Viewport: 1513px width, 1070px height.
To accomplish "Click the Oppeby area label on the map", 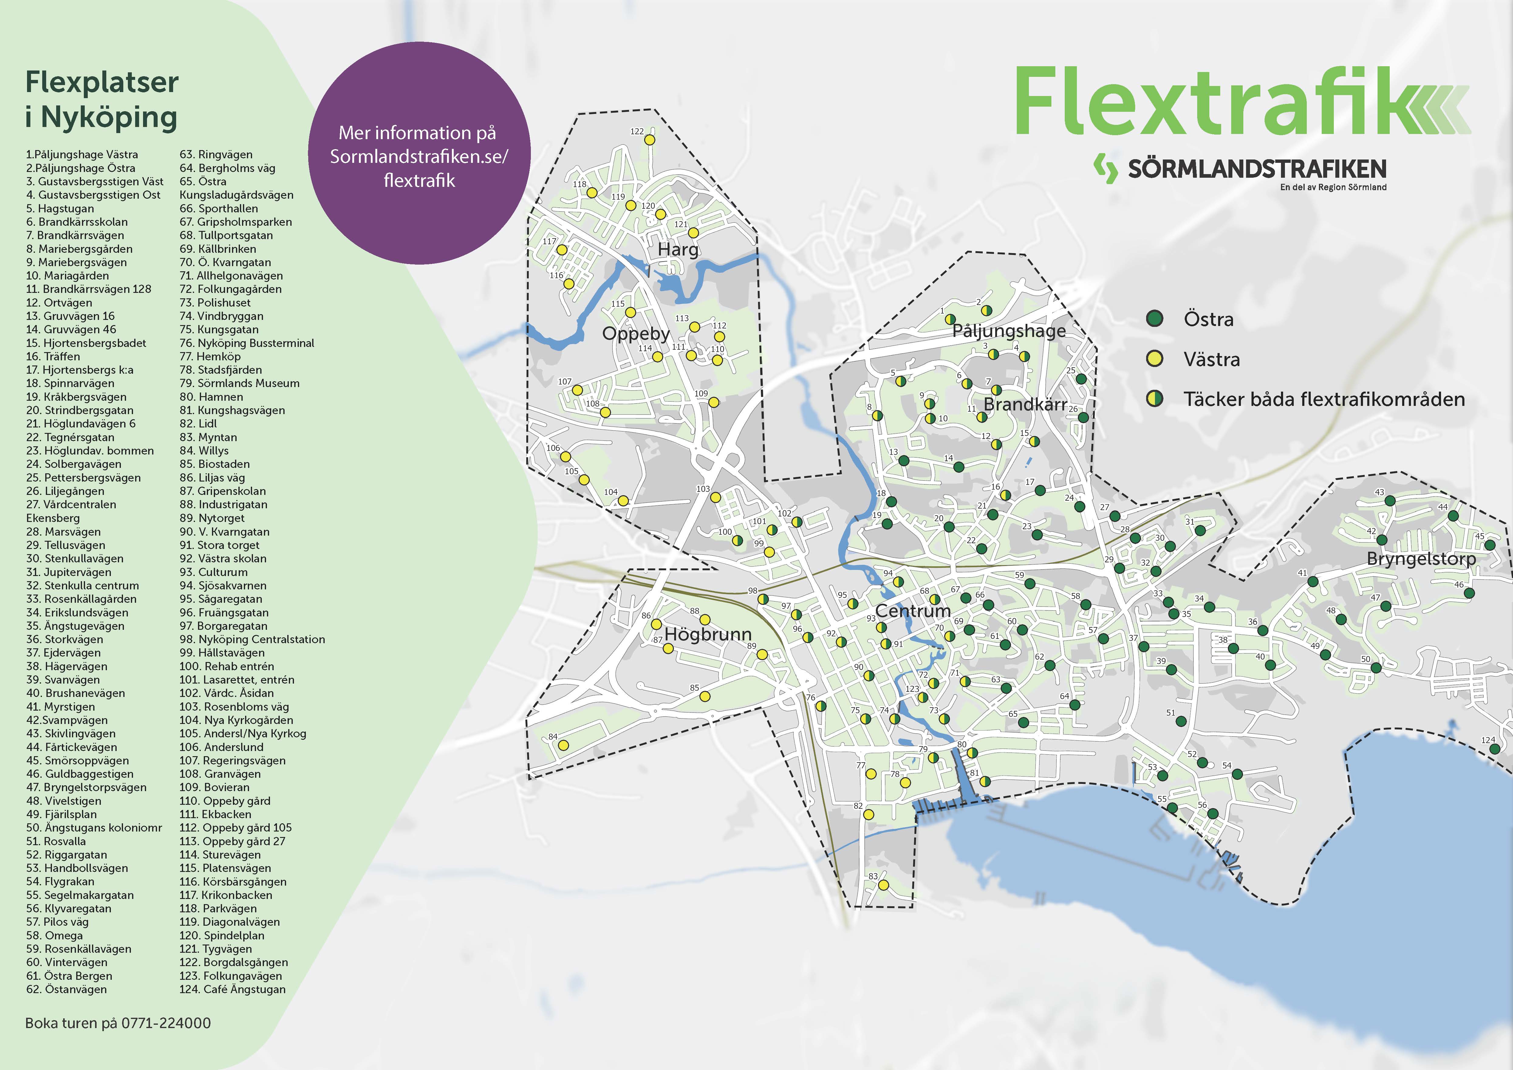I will tap(635, 334).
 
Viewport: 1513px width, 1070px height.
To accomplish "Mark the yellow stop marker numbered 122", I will tap(650, 140).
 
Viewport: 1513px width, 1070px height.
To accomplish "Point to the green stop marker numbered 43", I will tap(1390, 501).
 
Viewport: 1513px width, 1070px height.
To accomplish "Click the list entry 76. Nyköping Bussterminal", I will tap(247, 343).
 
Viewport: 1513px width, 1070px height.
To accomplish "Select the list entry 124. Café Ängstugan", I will tap(233, 989).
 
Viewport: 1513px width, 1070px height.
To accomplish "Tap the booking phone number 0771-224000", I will tap(166, 1023).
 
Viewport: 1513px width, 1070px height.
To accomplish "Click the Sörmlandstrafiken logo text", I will tap(1257, 169).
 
